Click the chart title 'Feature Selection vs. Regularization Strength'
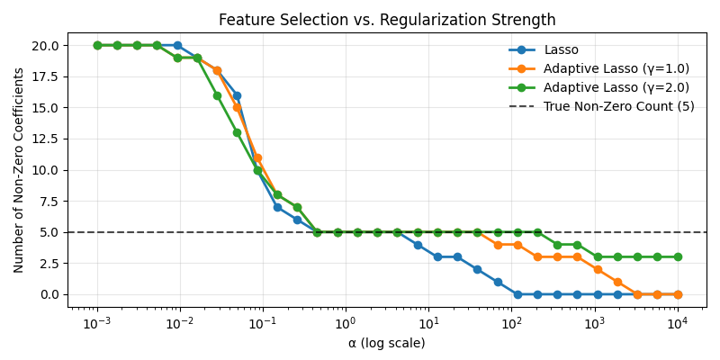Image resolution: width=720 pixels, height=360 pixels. pyautogui.click(x=387, y=20)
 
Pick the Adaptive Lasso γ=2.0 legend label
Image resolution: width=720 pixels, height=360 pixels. pyautogui.click(x=616, y=87)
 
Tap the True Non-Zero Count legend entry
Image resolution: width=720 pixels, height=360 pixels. pyautogui.click(x=601, y=106)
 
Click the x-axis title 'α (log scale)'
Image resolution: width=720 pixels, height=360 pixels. pyautogui.click(x=387, y=343)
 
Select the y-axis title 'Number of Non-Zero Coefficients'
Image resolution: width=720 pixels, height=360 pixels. pyautogui.click(x=18, y=170)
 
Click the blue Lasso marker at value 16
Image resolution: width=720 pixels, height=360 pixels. pyautogui.click(x=237, y=96)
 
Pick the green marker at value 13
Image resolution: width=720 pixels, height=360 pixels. pyautogui.click(x=237, y=132)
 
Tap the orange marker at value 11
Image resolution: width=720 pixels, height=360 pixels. pyautogui.click(x=257, y=158)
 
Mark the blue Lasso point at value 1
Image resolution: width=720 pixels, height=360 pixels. pyautogui.click(x=498, y=282)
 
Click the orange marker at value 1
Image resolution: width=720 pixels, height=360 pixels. pyautogui.click(x=617, y=282)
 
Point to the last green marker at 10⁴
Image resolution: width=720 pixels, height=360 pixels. pyautogui.click(x=678, y=257)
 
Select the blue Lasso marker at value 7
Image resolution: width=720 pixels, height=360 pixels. pyautogui.click(x=277, y=208)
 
